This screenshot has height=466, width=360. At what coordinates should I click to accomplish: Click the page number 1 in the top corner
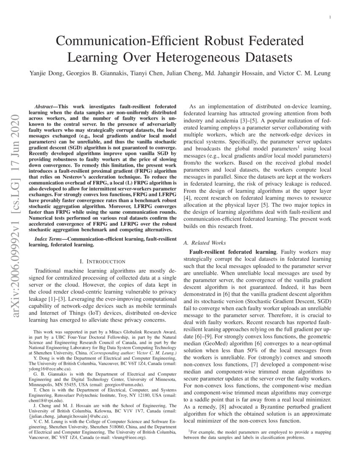(330, 17)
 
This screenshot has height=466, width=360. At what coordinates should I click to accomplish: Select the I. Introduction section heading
(103, 261)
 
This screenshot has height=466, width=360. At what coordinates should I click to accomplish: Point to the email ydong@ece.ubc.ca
(45, 369)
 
